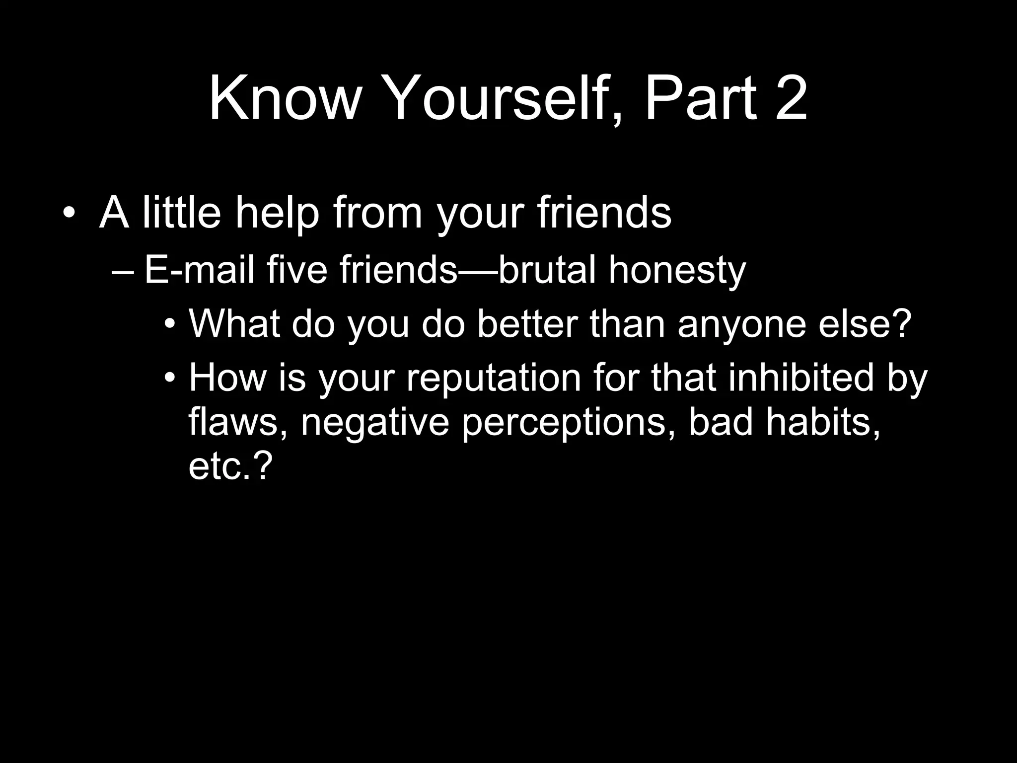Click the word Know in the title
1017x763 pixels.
pyautogui.click(x=284, y=98)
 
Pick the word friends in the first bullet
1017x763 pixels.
pyautogui.click(x=604, y=213)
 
